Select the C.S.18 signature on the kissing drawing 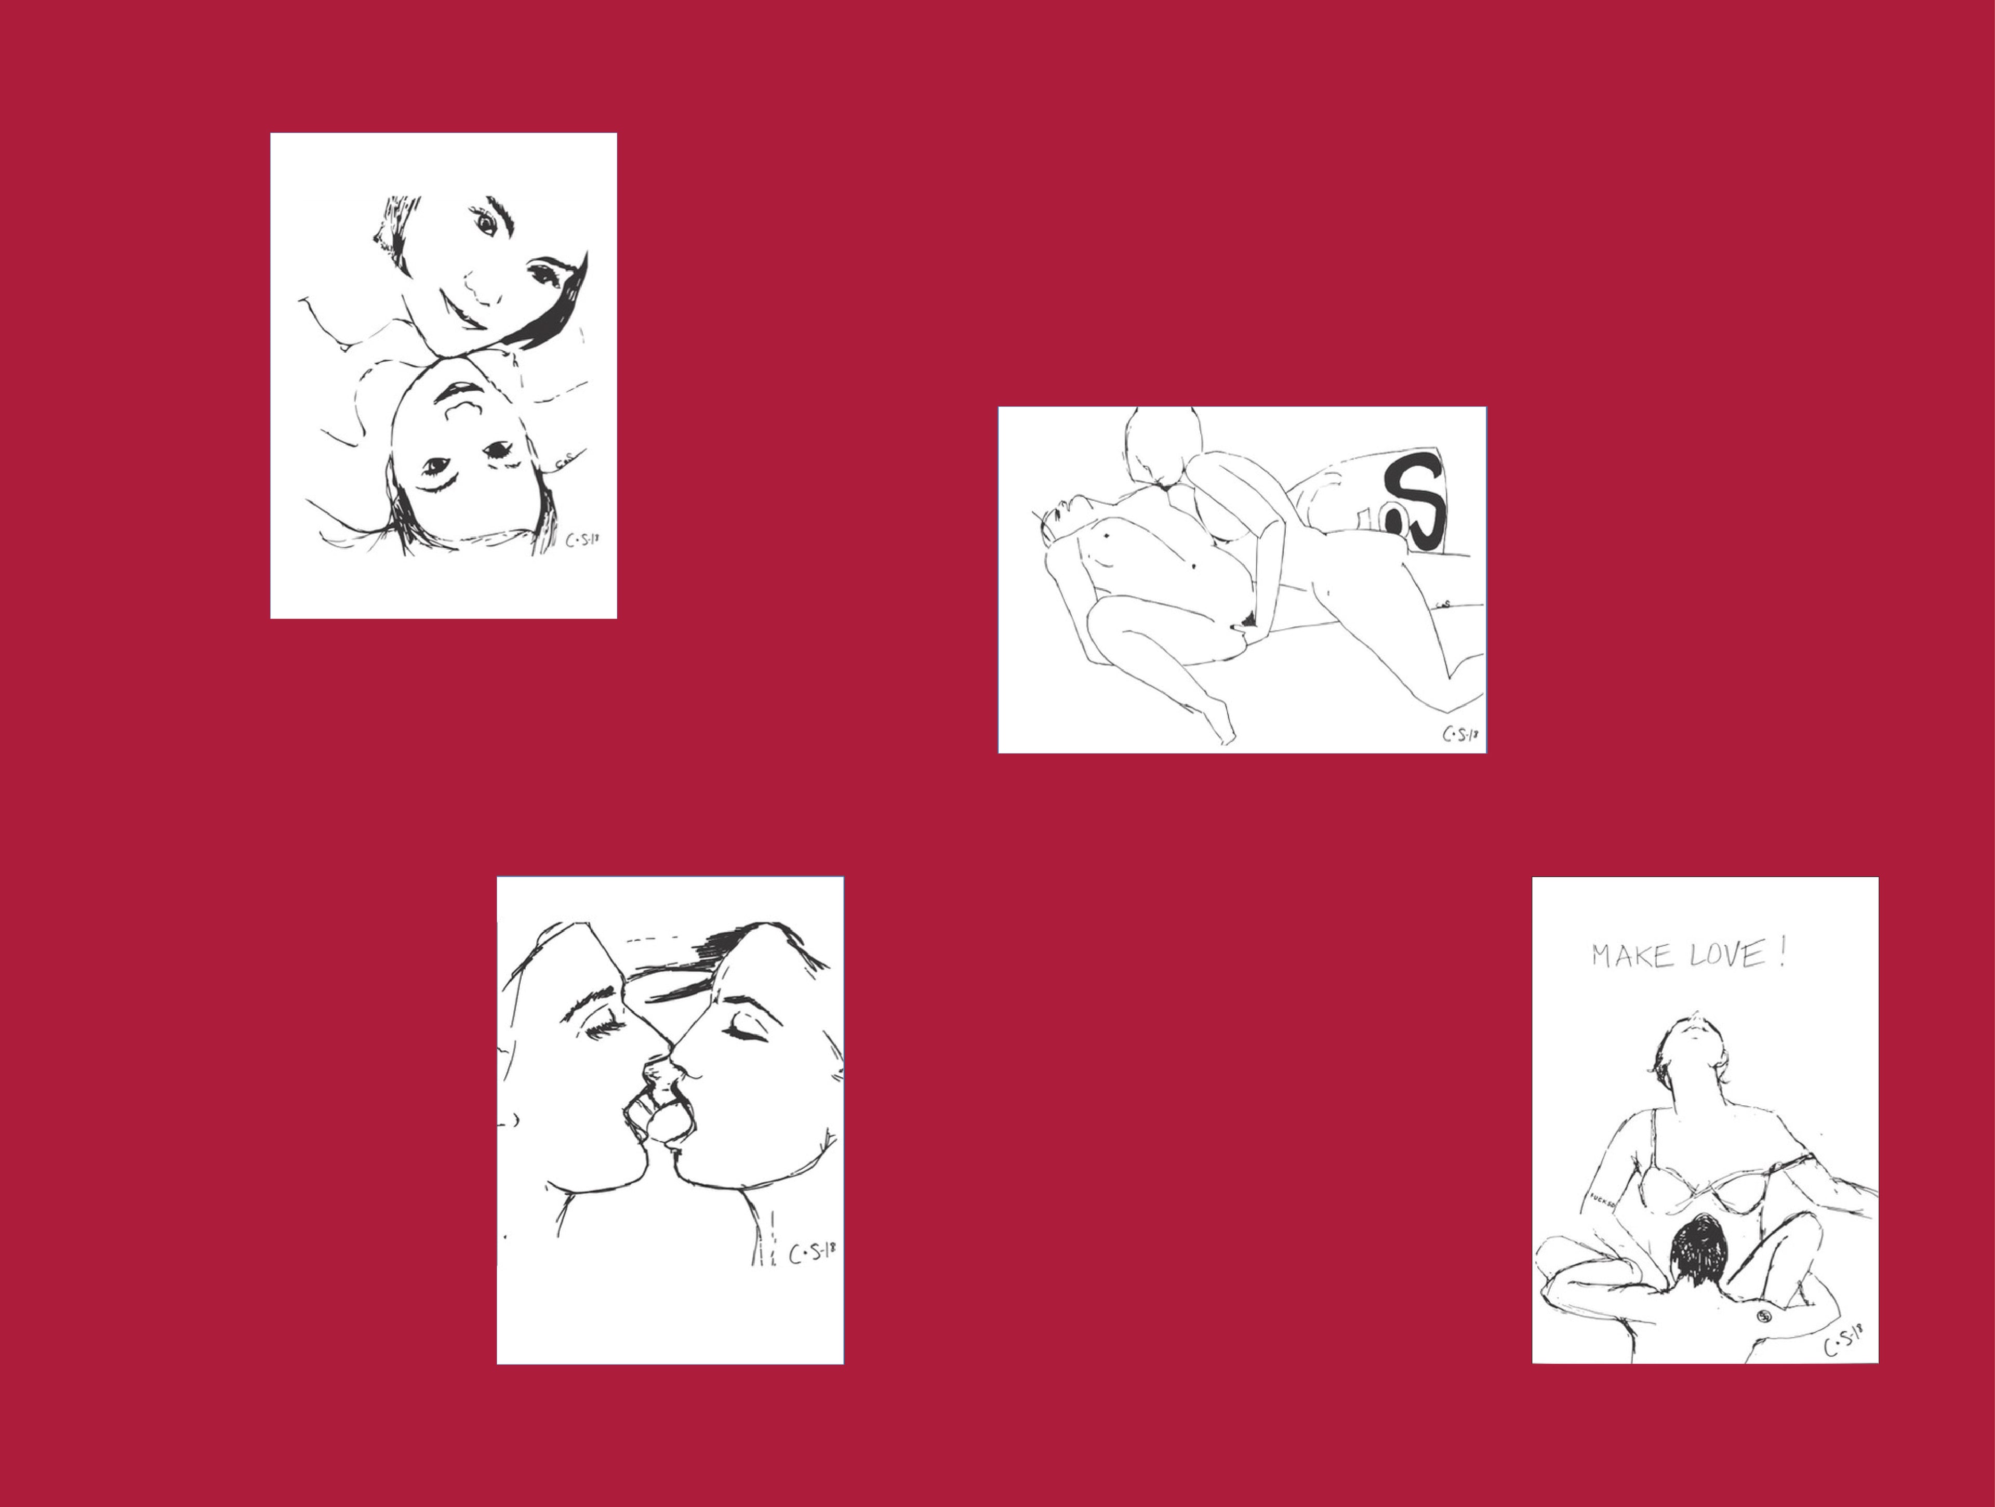coord(812,1253)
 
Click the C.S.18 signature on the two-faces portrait coord(582,540)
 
